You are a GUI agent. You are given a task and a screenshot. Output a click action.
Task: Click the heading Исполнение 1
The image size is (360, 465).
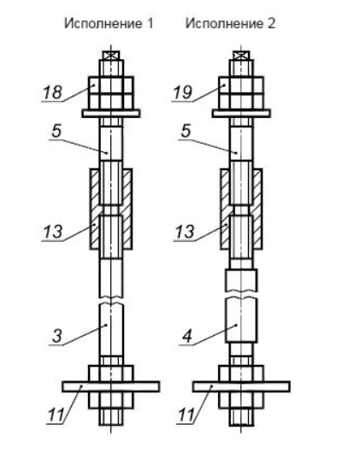tap(109, 23)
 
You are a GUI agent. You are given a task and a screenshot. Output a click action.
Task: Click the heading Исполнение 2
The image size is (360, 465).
tap(230, 23)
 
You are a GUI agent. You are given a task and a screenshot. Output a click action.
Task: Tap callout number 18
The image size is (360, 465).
tap(52, 92)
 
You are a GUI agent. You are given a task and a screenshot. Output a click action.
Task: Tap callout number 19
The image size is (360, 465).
tap(183, 92)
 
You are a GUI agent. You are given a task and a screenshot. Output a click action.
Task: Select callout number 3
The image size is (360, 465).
tap(57, 336)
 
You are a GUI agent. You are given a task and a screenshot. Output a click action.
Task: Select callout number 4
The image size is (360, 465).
tap(187, 336)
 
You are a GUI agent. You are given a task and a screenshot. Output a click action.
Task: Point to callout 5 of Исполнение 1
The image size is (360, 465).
tap(56, 131)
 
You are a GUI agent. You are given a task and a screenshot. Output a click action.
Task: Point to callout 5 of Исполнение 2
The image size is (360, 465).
tap(186, 131)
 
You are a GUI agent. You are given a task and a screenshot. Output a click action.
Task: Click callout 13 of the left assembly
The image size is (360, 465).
tap(53, 232)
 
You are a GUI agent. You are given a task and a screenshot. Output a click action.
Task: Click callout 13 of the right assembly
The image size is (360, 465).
tap(185, 232)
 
